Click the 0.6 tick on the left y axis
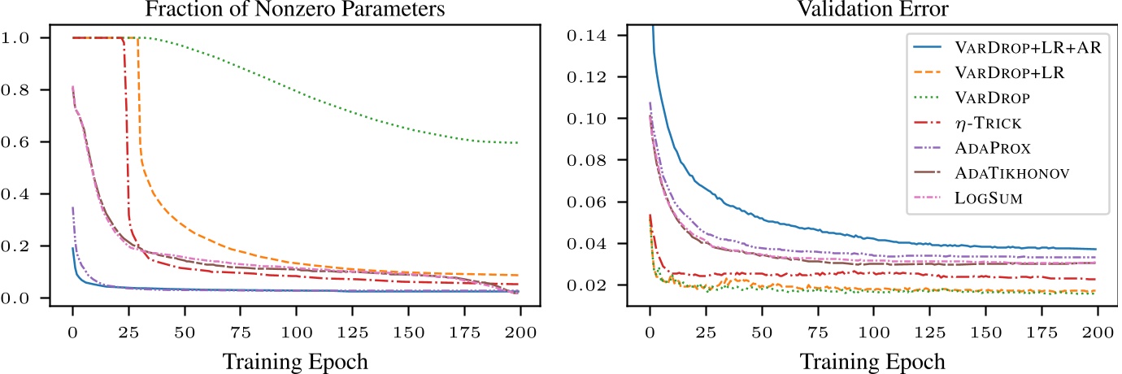point(37,142)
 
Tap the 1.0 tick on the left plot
point(37,38)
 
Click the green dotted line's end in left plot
point(517,143)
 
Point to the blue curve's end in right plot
point(1096,249)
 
